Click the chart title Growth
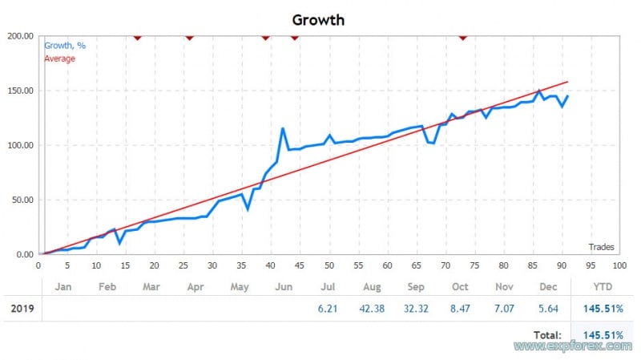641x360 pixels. [x=318, y=19]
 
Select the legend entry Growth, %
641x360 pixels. [x=65, y=46]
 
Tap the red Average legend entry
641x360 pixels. [x=60, y=59]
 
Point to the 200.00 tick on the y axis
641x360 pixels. [x=20, y=36]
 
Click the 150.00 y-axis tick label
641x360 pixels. [x=20, y=91]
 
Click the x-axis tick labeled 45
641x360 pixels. [x=300, y=265]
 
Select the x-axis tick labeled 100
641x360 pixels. [x=619, y=265]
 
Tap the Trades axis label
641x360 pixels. [x=602, y=247]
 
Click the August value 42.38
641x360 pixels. [x=373, y=309]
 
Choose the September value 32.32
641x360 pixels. [x=417, y=309]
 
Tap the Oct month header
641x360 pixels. [x=460, y=286]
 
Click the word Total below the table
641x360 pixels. [x=546, y=334]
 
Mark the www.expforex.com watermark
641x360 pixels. [x=573, y=346]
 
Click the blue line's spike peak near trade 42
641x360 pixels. [x=283, y=128]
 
